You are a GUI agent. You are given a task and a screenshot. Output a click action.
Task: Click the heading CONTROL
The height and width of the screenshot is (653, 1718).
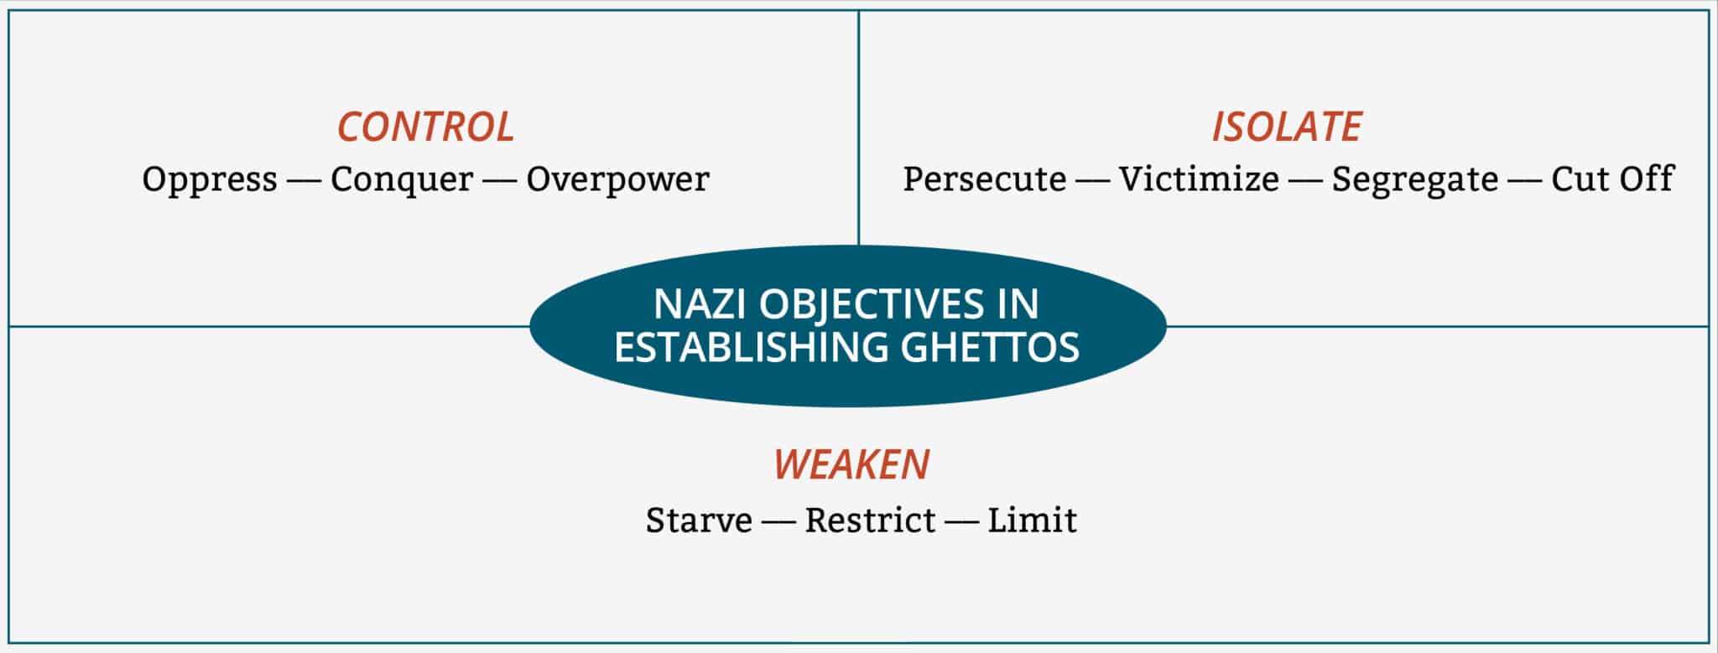[425, 127]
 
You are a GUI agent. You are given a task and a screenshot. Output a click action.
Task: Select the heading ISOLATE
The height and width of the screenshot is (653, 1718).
[1286, 127]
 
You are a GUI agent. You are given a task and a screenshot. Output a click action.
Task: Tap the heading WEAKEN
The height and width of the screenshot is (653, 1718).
[851, 464]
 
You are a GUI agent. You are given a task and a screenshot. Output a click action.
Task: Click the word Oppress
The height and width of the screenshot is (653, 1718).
[210, 179]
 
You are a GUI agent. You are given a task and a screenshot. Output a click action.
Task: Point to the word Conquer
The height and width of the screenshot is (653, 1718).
[402, 179]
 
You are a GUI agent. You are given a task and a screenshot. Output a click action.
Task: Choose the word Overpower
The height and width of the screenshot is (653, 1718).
[617, 179]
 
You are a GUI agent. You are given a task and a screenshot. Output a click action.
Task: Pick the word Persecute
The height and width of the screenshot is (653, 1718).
[984, 179]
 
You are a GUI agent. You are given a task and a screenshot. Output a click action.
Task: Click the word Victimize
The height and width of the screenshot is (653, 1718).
[1199, 179]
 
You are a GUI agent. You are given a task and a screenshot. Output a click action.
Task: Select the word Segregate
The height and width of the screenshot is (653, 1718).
[1414, 179]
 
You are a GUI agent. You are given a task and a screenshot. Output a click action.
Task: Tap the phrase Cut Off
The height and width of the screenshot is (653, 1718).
[1611, 179]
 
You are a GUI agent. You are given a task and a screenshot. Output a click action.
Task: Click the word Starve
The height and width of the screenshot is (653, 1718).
[699, 521]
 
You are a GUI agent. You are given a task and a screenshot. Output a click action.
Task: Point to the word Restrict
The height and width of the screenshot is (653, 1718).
[870, 521]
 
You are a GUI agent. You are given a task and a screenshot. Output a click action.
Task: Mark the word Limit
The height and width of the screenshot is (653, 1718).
[1032, 521]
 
